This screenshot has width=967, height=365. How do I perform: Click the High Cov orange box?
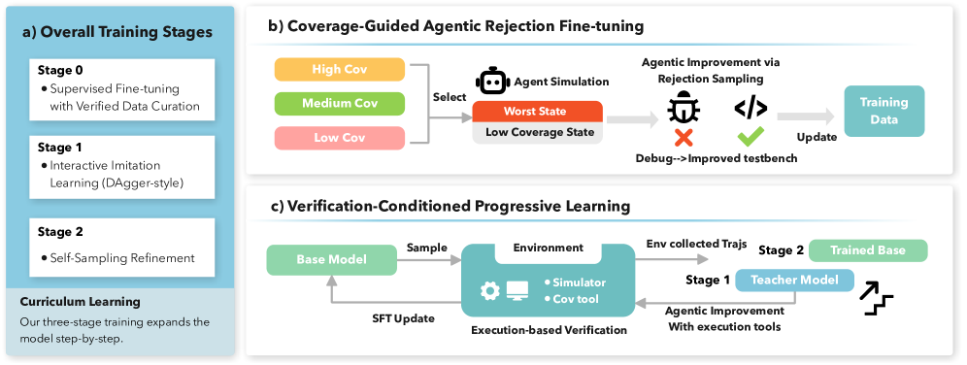pyautogui.click(x=339, y=70)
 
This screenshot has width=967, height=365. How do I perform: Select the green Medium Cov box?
pyautogui.click(x=339, y=104)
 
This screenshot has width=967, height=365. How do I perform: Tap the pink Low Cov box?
pyautogui.click(x=339, y=138)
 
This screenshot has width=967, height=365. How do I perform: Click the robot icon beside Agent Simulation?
pyautogui.click(x=491, y=82)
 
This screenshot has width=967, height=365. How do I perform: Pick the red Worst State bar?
pyautogui.click(x=537, y=112)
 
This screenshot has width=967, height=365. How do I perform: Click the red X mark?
pyautogui.click(x=684, y=138)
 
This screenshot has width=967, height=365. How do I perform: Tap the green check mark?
pyautogui.click(x=750, y=136)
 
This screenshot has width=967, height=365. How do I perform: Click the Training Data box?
pyautogui.click(x=884, y=111)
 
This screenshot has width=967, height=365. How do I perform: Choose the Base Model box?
pyautogui.click(x=332, y=259)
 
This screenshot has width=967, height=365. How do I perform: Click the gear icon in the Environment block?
pyautogui.click(x=489, y=290)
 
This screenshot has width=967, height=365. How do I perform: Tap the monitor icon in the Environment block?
pyautogui.click(x=517, y=290)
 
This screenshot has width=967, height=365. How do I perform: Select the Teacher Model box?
pyautogui.click(x=794, y=281)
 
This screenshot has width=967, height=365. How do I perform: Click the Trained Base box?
pyautogui.click(x=868, y=250)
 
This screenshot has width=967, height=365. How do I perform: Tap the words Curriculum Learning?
pyautogui.click(x=81, y=302)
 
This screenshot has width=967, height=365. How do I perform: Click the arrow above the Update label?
pyautogui.click(x=805, y=116)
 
